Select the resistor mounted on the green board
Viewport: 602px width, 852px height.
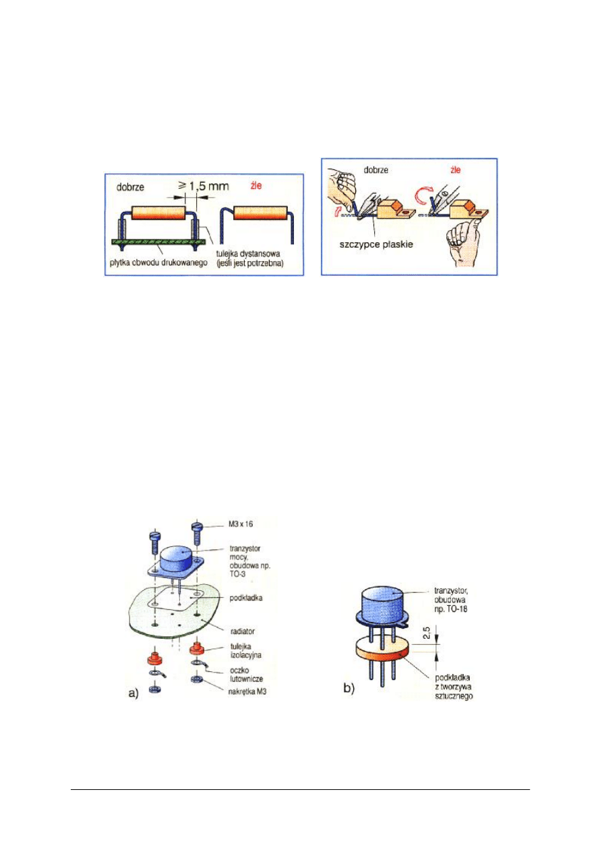tap(157, 214)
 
